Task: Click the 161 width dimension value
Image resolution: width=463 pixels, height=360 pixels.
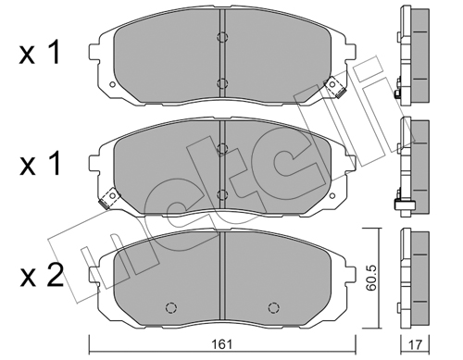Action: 222,344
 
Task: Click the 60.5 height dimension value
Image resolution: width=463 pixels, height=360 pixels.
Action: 371,279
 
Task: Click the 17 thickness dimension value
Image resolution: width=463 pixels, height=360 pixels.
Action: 416,344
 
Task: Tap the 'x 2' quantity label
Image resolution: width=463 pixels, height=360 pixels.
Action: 41,275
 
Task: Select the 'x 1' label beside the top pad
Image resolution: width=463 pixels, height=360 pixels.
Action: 40,53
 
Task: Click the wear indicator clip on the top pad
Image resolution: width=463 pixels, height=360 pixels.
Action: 334,87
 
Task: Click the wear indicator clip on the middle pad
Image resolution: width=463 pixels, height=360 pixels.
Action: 109,199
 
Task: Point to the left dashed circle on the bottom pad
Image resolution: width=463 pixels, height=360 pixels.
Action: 171,307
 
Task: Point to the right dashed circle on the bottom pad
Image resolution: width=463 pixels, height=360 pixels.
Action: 273,307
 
